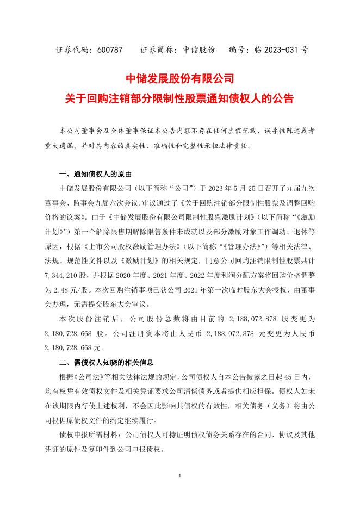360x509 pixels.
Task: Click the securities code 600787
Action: tap(111, 49)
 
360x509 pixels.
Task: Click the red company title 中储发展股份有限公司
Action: tap(179, 78)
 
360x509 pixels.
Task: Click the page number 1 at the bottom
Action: tap(179, 476)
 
